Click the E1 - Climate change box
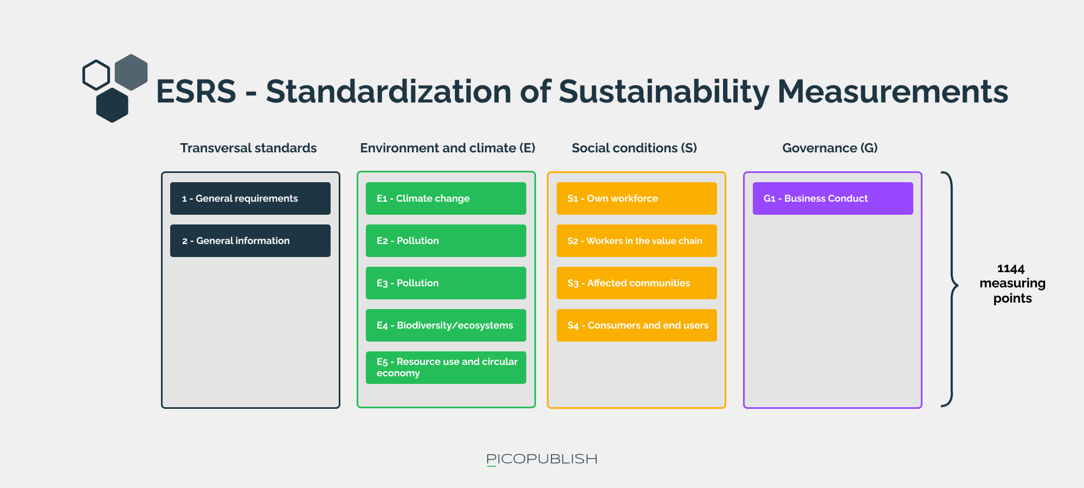coord(446,198)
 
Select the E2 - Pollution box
coord(446,241)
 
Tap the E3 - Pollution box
coord(446,283)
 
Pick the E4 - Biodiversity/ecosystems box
coord(446,325)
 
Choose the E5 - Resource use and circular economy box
coord(446,368)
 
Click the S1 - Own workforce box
coord(636,198)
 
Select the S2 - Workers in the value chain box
coord(636,241)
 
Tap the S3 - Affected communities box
coord(636,283)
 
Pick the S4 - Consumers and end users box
coord(636,325)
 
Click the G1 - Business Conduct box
coord(833,198)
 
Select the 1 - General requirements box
coord(250,198)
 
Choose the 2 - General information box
coord(250,241)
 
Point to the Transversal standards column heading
coord(248,148)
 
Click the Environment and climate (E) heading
coord(448,149)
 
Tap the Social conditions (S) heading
coord(634,149)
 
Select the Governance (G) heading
coord(830,149)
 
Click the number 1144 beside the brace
coord(1011,269)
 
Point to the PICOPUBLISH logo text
coord(542,459)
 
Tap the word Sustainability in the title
coord(664,92)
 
